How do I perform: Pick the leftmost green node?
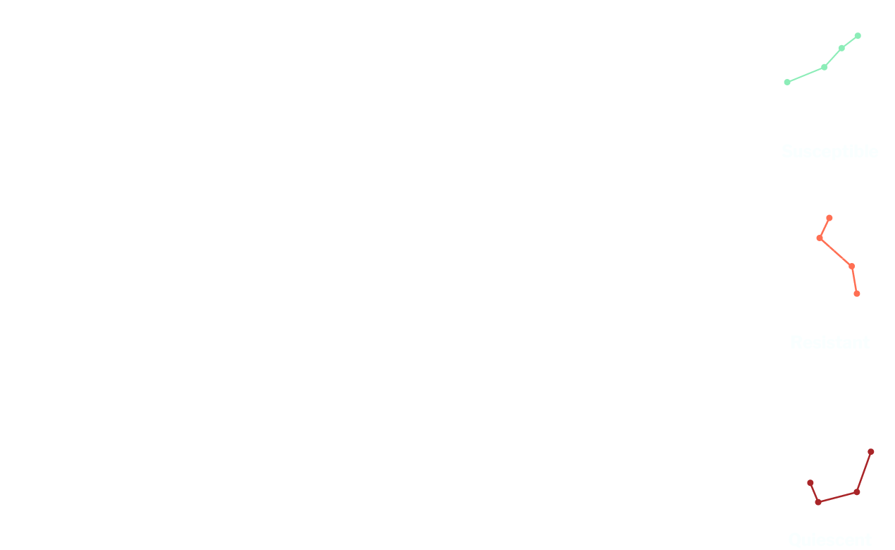click(786, 82)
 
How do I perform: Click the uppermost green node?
click(858, 35)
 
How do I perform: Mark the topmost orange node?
click(829, 217)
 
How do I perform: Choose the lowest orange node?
click(857, 293)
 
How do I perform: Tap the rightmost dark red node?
click(871, 451)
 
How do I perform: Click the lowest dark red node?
click(818, 502)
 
